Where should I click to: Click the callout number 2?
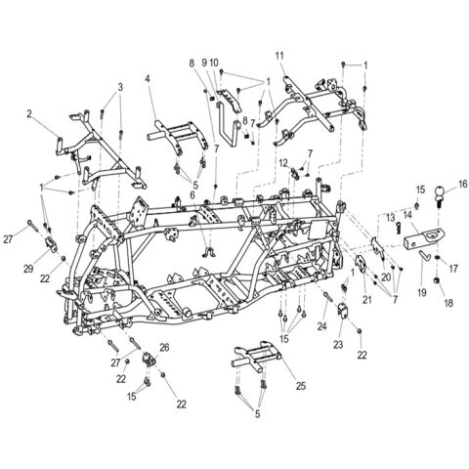(30, 113)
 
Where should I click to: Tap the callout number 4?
(148, 79)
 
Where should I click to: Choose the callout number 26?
(164, 347)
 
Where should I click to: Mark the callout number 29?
(29, 268)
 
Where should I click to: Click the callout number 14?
(409, 229)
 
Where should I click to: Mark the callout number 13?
(389, 217)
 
